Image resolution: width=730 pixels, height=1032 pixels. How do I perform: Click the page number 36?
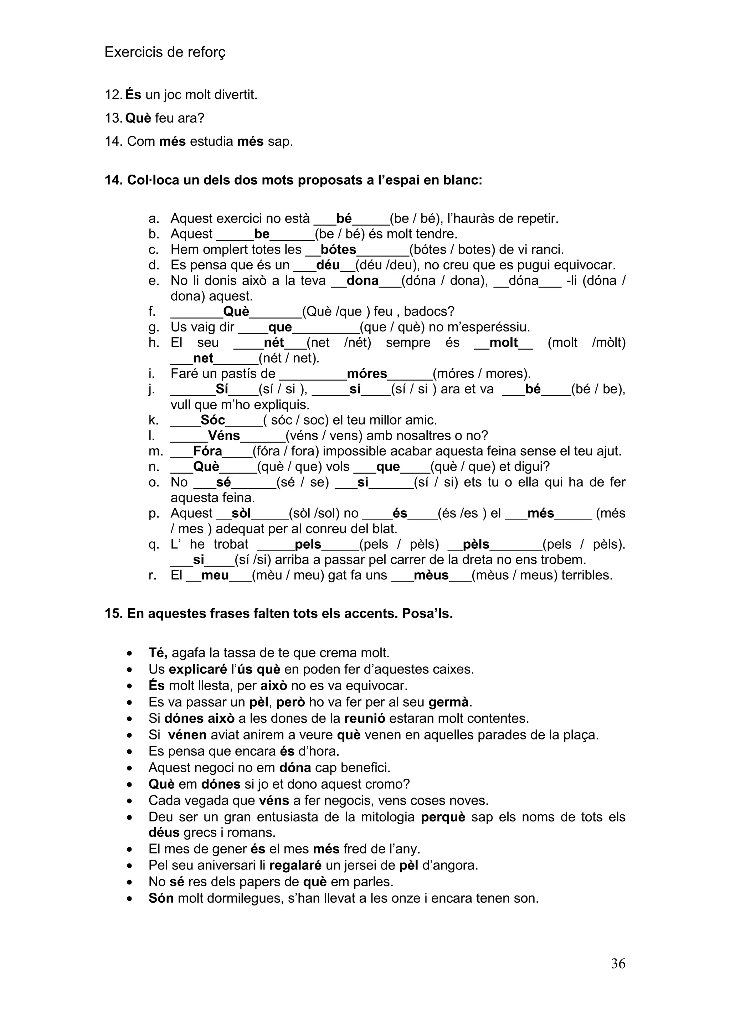tap(618, 976)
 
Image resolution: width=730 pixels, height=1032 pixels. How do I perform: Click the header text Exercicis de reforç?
tap(165, 52)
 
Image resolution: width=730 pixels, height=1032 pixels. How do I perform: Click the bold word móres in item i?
tap(367, 373)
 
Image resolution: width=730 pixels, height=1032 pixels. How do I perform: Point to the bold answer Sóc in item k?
tap(212, 420)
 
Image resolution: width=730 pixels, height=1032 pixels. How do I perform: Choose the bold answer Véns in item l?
tap(224, 435)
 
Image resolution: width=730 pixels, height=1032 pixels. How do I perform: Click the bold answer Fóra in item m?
tap(208, 451)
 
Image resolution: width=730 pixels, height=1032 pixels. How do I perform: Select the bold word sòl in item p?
tap(241, 513)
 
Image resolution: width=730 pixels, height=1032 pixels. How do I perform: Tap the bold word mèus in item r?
tap(431, 575)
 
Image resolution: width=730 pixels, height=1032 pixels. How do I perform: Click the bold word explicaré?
tap(198, 669)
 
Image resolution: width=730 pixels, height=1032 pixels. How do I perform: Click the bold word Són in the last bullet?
tap(161, 898)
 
